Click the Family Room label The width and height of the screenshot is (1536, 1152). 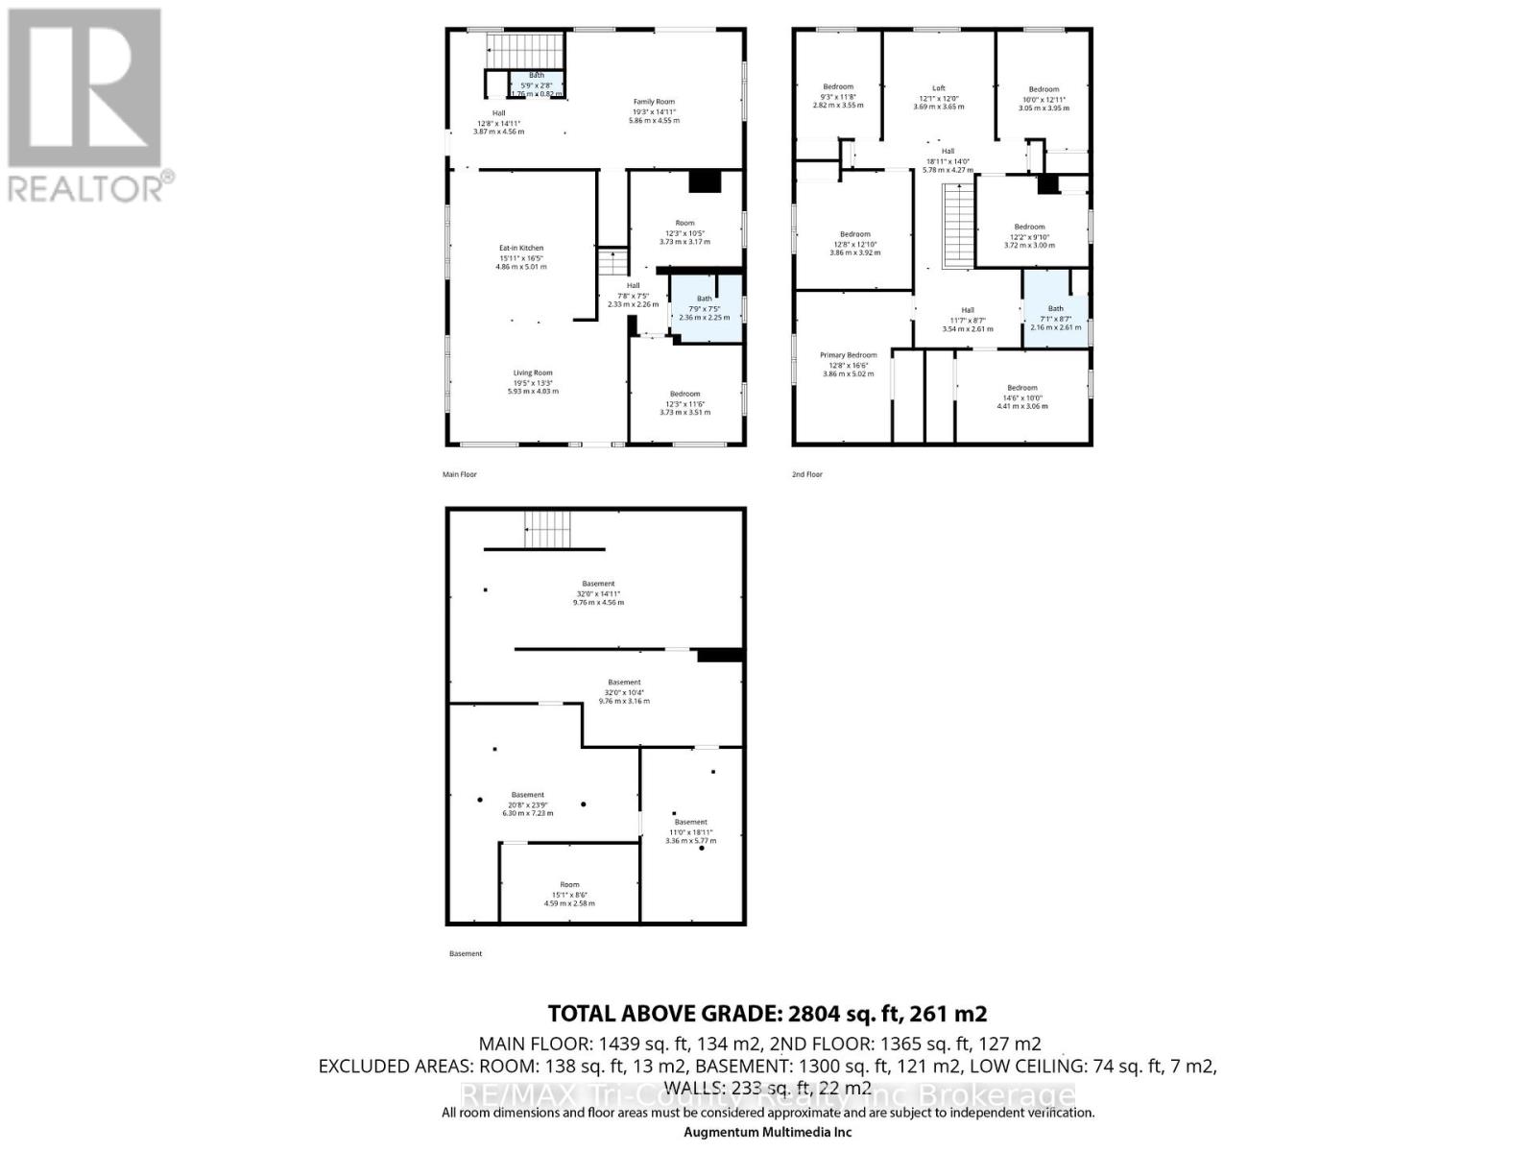[x=654, y=102]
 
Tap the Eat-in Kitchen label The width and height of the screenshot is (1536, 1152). [x=521, y=249]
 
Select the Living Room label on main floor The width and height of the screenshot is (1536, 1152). [x=532, y=372]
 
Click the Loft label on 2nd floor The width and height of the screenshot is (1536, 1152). [x=939, y=88]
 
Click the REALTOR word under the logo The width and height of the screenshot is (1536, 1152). [x=86, y=187]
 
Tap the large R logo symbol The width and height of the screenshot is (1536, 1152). [x=84, y=86]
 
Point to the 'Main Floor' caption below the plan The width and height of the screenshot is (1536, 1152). [x=459, y=474]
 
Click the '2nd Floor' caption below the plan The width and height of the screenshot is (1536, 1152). [x=807, y=474]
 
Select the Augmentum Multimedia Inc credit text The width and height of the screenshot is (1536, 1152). [x=767, y=1131]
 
